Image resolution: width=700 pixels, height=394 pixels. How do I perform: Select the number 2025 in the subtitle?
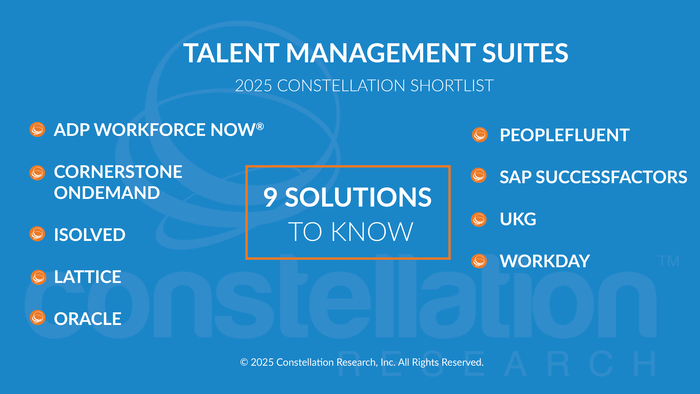(253, 86)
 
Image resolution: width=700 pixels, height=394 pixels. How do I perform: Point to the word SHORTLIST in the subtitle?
(452, 86)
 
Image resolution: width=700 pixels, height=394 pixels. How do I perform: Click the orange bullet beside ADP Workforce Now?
(37, 129)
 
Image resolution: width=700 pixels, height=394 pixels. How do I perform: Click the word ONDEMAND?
(107, 193)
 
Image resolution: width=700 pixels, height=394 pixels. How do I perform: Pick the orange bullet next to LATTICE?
(38, 277)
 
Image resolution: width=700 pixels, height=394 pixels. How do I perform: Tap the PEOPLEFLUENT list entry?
(565, 135)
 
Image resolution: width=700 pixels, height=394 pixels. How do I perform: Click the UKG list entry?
(518, 219)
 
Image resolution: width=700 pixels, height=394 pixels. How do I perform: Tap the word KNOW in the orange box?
(372, 232)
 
